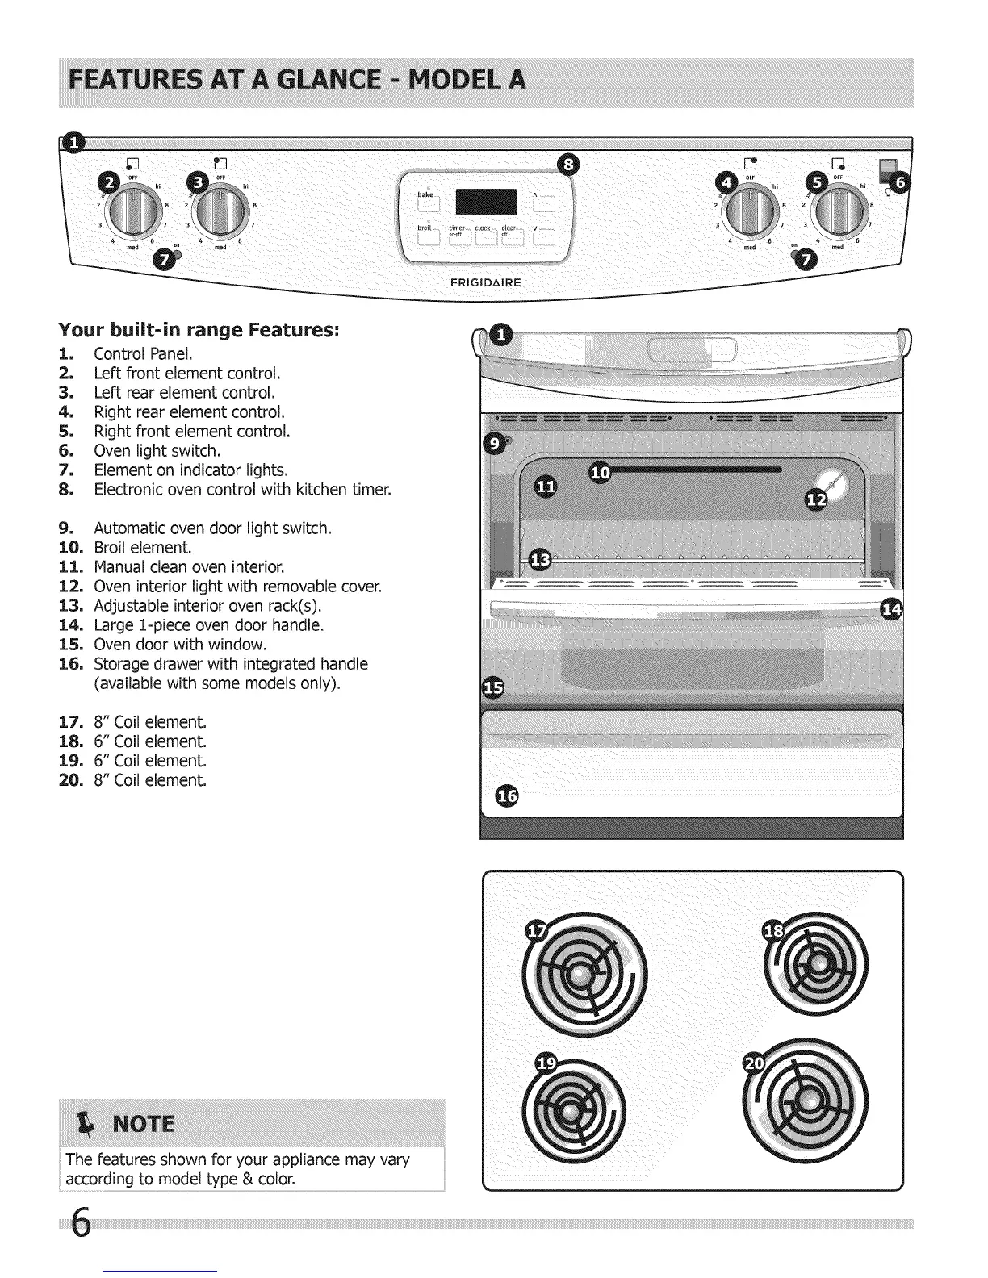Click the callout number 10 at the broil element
pos(601,474)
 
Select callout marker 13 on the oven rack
pos(540,559)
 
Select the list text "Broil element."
pos(142,548)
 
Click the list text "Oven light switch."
pos(157,451)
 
